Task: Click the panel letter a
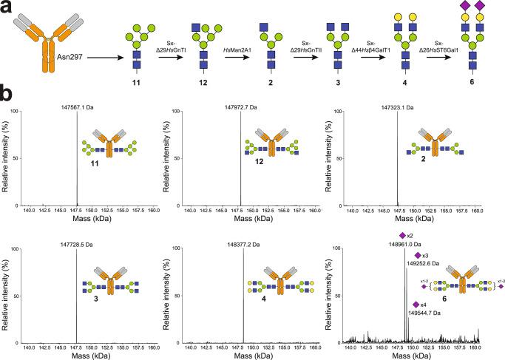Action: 6,6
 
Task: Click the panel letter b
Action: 6,98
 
